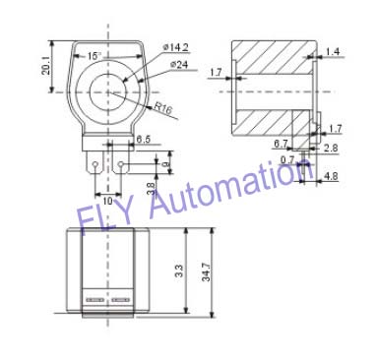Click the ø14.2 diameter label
click(176, 48)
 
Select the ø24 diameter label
click(179, 65)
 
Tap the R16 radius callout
click(163, 108)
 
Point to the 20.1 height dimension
click(46, 66)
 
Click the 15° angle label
click(94, 56)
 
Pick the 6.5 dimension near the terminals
click(143, 140)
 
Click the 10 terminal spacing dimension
click(107, 201)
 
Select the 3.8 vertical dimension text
click(151, 189)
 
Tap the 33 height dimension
click(179, 270)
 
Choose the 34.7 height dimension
click(206, 271)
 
